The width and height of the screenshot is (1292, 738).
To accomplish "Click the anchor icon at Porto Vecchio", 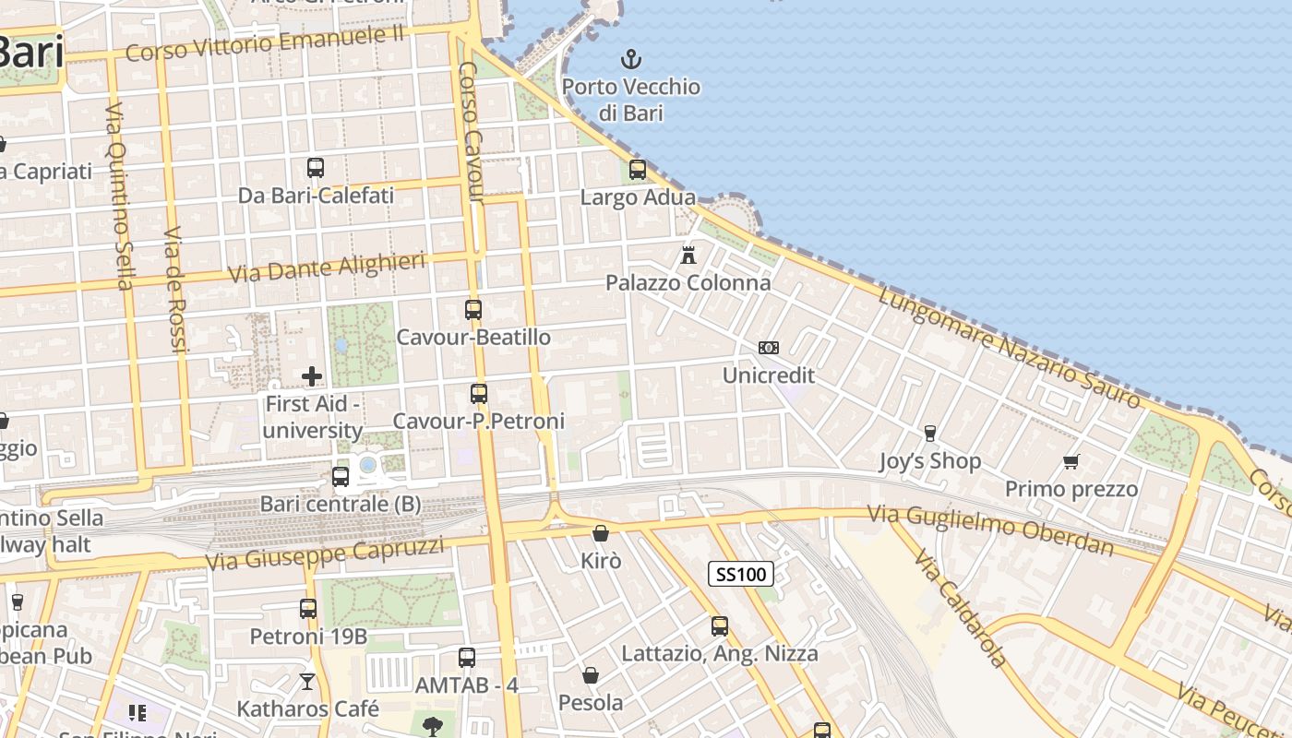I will tap(630, 61).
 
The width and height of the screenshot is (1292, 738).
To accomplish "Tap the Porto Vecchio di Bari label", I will tap(631, 100).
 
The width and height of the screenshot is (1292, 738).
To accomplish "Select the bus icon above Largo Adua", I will tap(638, 170).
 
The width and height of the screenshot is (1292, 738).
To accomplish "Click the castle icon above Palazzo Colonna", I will tap(688, 255).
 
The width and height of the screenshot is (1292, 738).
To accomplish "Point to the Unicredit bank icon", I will tap(768, 348).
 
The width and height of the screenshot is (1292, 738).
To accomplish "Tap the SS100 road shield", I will tap(741, 574).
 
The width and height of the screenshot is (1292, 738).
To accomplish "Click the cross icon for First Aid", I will tap(312, 375).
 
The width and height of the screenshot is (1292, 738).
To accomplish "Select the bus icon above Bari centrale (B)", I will tap(341, 477).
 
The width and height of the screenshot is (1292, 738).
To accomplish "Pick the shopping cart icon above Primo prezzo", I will tap(1071, 461).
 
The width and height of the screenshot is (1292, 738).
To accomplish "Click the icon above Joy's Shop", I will tap(929, 433).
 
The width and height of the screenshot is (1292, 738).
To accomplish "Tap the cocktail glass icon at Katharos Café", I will tap(307, 682).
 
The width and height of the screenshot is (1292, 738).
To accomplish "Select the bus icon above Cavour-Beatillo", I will tap(473, 310).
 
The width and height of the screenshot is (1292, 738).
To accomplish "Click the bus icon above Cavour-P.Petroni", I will tap(479, 394).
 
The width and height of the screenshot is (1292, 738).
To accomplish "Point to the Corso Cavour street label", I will tap(471, 132).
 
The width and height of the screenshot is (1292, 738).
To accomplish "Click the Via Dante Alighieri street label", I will tap(327, 267).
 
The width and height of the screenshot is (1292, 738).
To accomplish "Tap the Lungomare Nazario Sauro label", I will tap(1010, 348).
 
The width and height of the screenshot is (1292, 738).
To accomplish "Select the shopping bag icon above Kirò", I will tap(601, 533).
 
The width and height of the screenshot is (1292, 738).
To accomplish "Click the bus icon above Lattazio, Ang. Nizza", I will tap(720, 626).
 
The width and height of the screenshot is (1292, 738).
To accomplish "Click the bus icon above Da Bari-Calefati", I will tap(316, 168).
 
